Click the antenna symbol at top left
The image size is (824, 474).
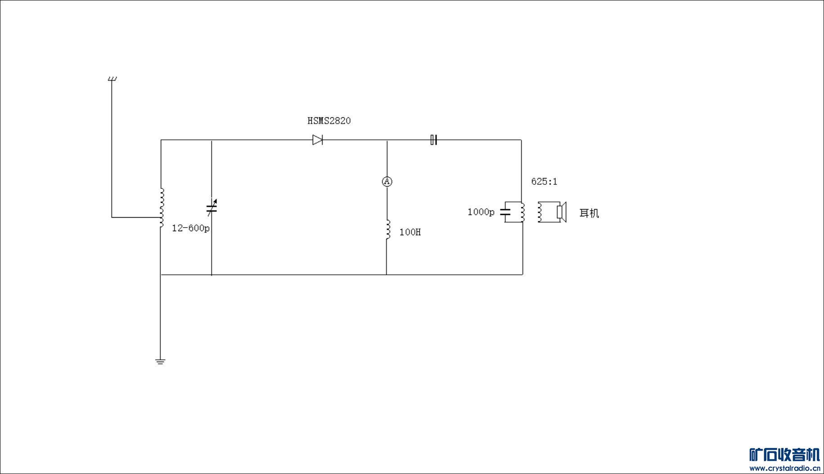click(112, 80)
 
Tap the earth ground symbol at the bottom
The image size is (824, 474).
click(160, 362)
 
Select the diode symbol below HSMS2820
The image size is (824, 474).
click(318, 140)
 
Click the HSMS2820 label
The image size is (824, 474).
click(329, 121)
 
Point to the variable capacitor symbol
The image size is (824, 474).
click(212, 208)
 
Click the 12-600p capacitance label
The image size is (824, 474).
click(191, 228)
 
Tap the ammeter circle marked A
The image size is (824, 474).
click(387, 181)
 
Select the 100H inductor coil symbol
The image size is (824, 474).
click(387, 230)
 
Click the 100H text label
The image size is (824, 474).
click(410, 233)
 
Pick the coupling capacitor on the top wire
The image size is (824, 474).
click(433, 140)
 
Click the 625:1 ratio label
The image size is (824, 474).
click(544, 182)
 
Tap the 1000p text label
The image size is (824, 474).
click(481, 212)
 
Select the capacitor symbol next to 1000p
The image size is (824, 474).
click(506, 212)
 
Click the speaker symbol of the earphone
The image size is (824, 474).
click(561, 212)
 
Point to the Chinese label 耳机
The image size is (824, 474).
click(589, 213)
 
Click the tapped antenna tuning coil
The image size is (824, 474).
click(162, 208)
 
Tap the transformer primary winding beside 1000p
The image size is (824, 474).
click(522, 212)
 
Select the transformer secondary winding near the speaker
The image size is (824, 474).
click(540, 212)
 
